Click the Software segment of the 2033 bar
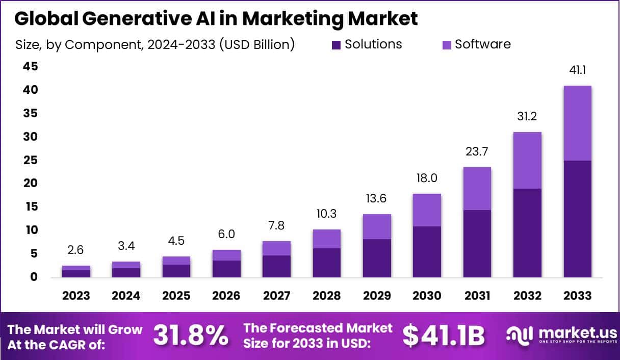tap(578, 123)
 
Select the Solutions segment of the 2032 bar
tap(528, 233)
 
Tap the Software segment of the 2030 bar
tap(427, 210)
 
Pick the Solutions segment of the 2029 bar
tap(377, 258)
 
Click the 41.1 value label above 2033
tap(578, 70)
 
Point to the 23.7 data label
tap(477, 152)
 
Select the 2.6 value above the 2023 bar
tap(76, 250)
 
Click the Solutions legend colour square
tap(336, 45)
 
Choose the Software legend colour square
tap(446, 45)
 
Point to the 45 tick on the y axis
tap(30, 67)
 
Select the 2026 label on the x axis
tap(226, 296)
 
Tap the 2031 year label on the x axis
tap(477, 296)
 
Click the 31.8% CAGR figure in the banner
tap(191, 336)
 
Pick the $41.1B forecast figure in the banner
tap(443, 336)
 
